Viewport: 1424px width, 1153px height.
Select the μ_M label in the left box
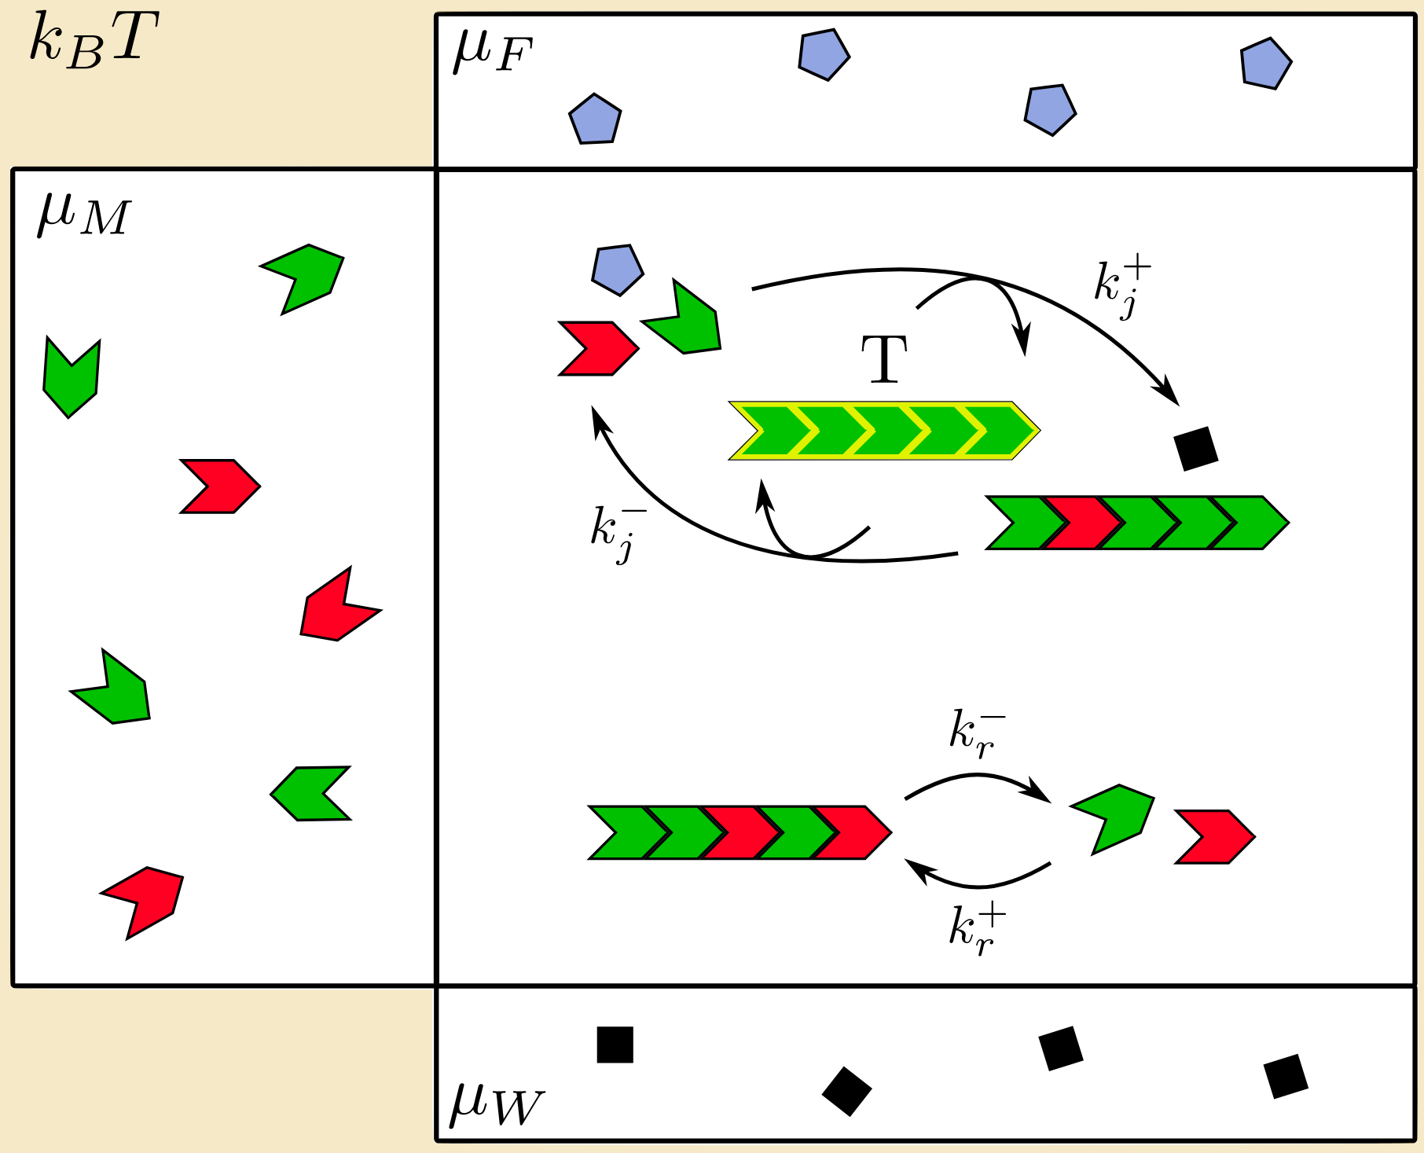83,215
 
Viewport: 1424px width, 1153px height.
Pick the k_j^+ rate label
1121,288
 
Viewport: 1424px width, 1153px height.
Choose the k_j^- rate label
618,533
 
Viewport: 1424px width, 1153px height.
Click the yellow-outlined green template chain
884,431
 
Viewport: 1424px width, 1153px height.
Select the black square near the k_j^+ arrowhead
1195,448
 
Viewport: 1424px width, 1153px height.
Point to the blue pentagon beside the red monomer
618,270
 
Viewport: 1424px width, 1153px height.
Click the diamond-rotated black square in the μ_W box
846,1091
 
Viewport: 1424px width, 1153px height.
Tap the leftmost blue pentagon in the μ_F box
595,119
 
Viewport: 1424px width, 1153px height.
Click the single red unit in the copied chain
1081,523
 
